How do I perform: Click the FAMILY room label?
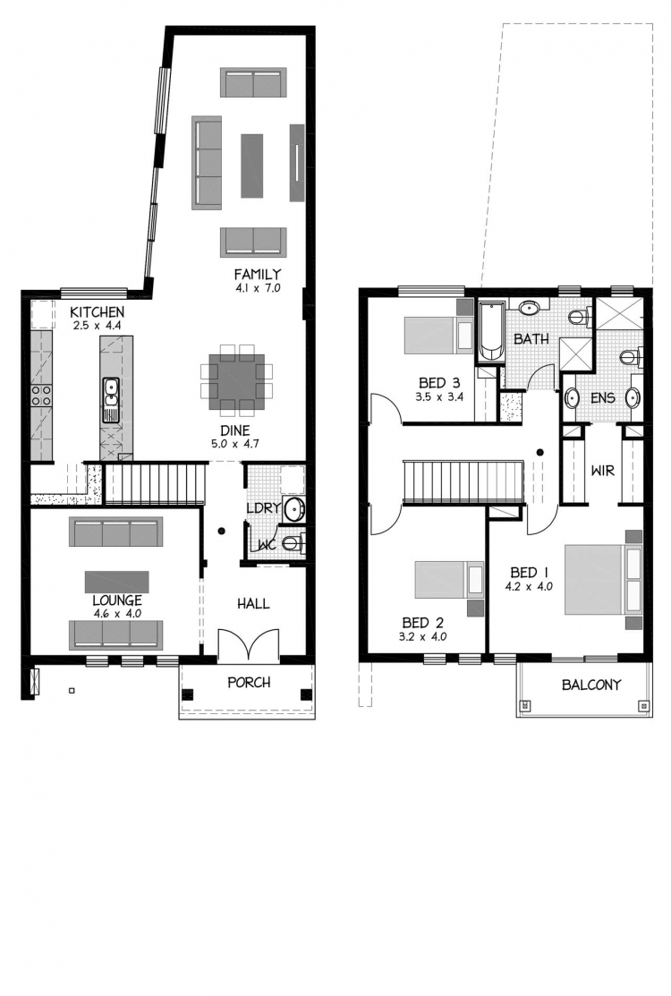point(257,275)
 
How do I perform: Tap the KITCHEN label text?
point(97,312)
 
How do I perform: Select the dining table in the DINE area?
point(236,380)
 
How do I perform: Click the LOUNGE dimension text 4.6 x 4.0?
point(117,614)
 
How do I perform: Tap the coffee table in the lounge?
point(117,581)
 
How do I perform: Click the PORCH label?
point(249,682)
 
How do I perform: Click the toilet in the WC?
point(294,543)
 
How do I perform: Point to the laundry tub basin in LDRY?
point(294,508)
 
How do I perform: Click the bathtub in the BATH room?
point(490,332)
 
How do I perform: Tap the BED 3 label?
point(438,382)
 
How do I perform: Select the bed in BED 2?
point(450,580)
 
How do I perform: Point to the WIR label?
point(602,471)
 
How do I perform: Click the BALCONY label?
point(591,685)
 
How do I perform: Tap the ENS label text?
point(602,397)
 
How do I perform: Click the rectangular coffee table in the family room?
point(252,166)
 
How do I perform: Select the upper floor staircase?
point(463,482)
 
